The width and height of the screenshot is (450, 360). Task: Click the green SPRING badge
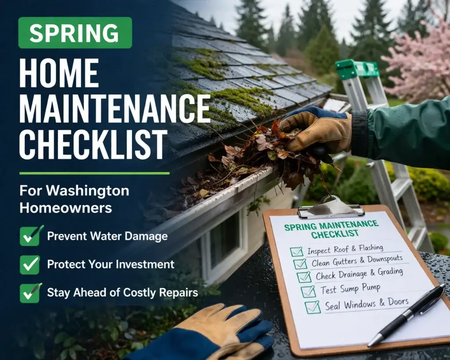(x=75, y=33)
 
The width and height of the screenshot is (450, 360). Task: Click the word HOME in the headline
(x=59, y=73)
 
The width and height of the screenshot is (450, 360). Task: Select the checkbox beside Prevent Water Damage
(x=30, y=236)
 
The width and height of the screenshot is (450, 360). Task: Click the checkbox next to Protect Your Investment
(x=30, y=265)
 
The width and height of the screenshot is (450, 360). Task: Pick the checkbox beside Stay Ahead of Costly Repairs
(x=30, y=293)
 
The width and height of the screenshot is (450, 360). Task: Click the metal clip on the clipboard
(x=330, y=208)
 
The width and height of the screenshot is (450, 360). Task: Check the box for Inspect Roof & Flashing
(x=297, y=251)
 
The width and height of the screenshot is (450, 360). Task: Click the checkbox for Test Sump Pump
(x=308, y=291)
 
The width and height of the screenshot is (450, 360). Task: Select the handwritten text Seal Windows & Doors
(x=367, y=304)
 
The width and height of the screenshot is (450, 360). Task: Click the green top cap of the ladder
(x=356, y=69)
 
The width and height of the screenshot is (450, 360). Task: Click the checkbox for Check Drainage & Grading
(x=304, y=277)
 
